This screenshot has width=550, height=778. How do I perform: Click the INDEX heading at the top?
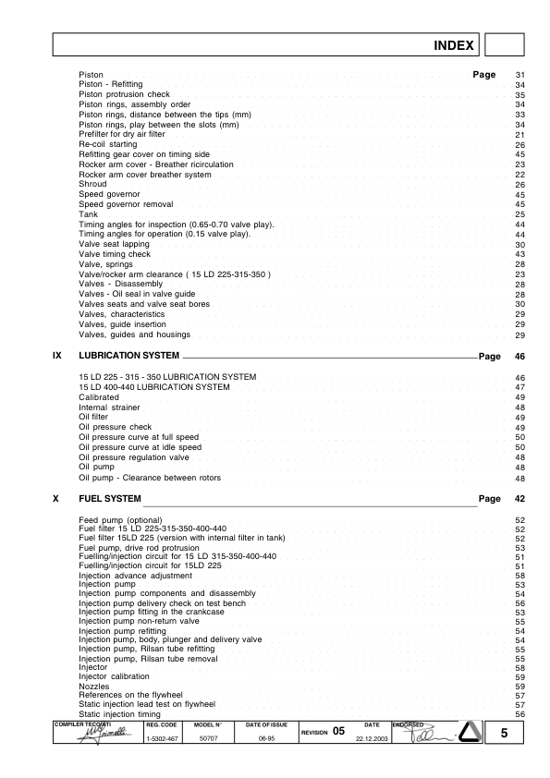[x=454, y=45]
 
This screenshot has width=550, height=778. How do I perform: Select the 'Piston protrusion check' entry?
[x=124, y=94]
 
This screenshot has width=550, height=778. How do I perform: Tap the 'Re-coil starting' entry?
[x=108, y=145]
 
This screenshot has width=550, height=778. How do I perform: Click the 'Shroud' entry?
[x=92, y=184]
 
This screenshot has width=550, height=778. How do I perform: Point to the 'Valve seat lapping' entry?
[x=114, y=244]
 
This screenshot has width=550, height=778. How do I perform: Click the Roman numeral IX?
[x=57, y=356]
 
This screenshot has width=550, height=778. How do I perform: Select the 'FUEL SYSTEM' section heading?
[x=110, y=499]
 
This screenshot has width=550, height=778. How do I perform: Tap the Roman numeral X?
[x=57, y=499]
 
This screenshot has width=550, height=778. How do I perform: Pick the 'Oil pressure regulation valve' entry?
[x=133, y=457]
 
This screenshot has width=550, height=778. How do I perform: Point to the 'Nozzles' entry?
[x=95, y=687]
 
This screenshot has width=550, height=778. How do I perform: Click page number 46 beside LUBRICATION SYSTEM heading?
[x=519, y=356]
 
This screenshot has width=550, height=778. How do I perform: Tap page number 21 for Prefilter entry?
[x=519, y=135]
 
